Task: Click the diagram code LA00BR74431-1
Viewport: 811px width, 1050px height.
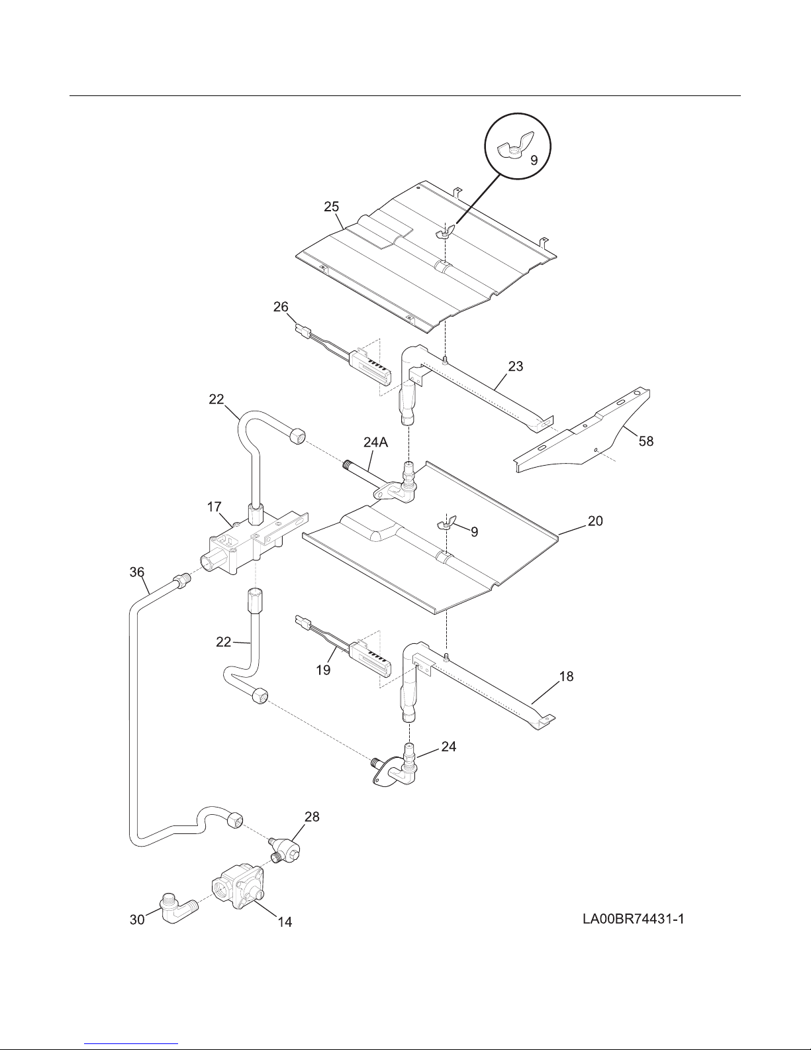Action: click(633, 919)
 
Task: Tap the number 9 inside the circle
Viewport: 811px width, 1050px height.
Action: click(534, 160)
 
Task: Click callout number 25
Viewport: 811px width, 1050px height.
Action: click(331, 207)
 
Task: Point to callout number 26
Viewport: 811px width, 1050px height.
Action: click(281, 307)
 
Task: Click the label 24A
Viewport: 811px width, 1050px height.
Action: click(375, 443)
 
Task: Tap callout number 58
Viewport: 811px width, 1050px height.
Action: click(646, 441)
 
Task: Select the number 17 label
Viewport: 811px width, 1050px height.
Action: click(215, 507)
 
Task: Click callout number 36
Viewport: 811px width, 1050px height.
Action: click(137, 572)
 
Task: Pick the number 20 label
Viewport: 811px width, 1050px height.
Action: click(595, 521)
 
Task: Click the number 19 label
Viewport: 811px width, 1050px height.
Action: click(324, 670)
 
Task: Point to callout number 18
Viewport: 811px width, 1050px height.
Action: click(566, 676)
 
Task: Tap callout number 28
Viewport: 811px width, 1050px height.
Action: click(312, 817)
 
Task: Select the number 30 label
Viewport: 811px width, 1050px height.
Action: click(137, 919)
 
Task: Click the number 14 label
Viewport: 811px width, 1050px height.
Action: click(285, 922)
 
